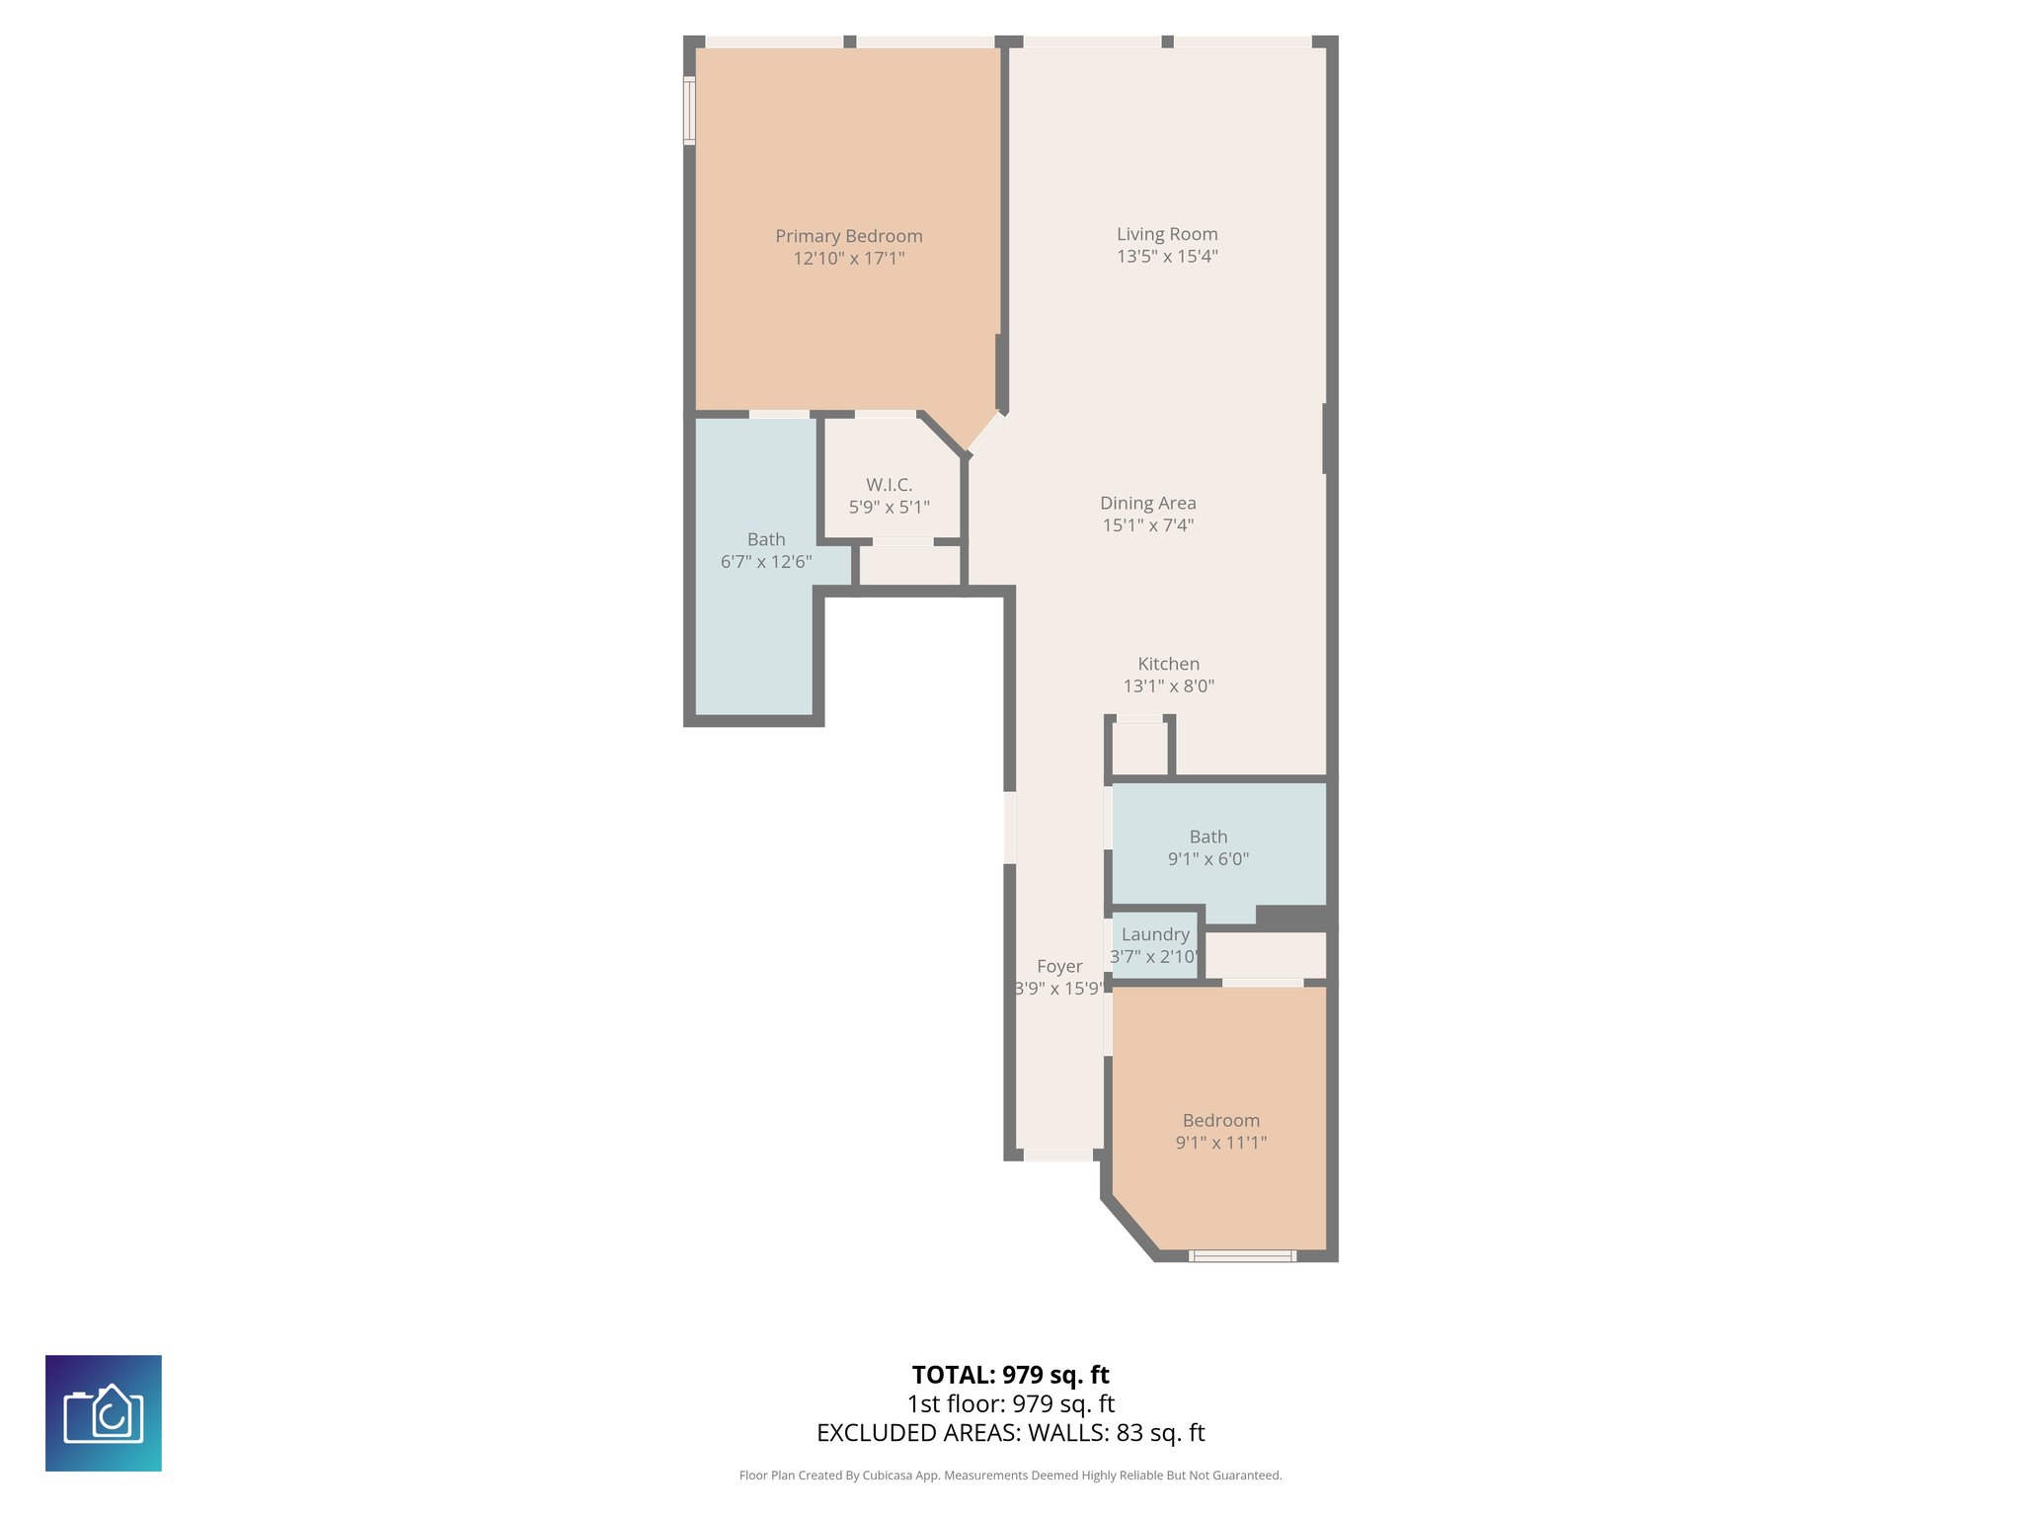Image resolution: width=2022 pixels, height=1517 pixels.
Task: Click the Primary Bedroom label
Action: click(x=848, y=236)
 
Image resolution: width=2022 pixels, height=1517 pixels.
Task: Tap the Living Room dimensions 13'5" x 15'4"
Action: click(x=1167, y=257)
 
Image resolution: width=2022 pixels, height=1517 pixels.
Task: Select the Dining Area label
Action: click(x=1147, y=503)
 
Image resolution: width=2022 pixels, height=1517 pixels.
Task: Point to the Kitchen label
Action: click(x=1168, y=664)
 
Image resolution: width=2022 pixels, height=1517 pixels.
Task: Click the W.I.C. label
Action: click(x=889, y=485)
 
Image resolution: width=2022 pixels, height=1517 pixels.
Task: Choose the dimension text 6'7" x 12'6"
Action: click(x=766, y=562)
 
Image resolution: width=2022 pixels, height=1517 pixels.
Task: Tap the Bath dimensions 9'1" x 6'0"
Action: click(x=1207, y=859)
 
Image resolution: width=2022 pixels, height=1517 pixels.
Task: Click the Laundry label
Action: click(x=1155, y=934)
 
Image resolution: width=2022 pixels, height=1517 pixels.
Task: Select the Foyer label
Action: click(x=1059, y=966)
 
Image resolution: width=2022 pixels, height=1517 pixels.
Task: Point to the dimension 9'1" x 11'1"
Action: click(x=1220, y=1143)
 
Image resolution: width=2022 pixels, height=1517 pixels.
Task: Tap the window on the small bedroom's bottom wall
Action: click(x=1241, y=1256)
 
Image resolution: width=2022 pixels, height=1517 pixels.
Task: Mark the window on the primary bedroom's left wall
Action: click(x=689, y=112)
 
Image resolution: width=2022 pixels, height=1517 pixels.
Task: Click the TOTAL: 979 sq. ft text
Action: click(x=1010, y=1375)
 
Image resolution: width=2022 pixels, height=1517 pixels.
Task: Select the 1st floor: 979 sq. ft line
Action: click(x=1010, y=1403)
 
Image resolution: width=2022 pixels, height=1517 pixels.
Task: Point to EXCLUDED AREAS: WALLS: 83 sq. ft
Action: click(x=1010, y=1433)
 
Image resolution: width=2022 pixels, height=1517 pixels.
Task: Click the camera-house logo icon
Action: click(x=104, y=1413)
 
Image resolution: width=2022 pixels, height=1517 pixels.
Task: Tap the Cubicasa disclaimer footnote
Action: click(x=1010, y=1476)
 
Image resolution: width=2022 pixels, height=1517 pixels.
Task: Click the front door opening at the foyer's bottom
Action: click(x=1057, y=1155)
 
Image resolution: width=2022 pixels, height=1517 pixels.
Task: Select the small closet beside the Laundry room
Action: click(x=1266, y=955)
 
